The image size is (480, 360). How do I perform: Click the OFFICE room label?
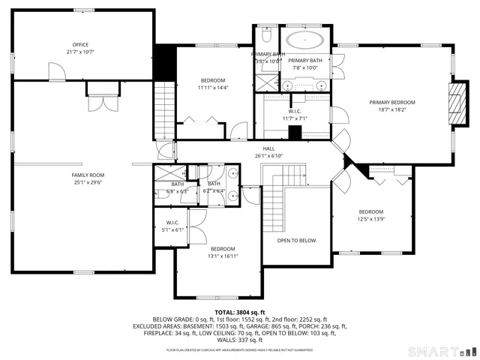tap(80, 45)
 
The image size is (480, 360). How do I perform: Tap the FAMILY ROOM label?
tap(88, 175)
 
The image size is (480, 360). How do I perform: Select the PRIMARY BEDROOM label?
tap(391, 102)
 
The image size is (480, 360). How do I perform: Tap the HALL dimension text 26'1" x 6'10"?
tap(268, 156)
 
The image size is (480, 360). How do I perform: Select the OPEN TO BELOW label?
tap(296, 241)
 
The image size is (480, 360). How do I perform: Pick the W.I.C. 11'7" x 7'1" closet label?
tap(295, 118)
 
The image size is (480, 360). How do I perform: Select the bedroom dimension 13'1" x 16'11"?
tap(223, 256)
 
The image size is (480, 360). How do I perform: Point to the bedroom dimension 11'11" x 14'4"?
tap(212, 88)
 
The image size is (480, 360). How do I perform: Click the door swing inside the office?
tap(55, 71)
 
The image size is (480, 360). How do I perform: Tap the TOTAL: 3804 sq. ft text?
tap(239, 311)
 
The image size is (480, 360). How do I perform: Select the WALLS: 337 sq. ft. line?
tap(239, 340)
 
